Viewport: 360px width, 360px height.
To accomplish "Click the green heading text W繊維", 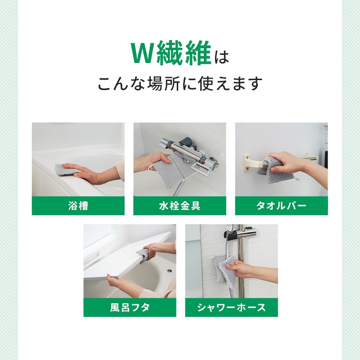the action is (171, 53).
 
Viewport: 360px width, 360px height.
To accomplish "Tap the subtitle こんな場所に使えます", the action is (180, 84).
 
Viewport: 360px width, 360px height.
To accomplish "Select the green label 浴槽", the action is (78, 206).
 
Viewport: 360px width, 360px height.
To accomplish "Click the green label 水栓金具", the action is (180, 206).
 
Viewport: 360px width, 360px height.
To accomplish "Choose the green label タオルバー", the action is (281, 206).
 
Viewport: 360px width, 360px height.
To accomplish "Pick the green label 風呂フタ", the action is (130, 307).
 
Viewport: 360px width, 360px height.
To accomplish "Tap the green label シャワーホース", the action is (231, 307).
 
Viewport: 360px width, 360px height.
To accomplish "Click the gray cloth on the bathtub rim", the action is (67, 170).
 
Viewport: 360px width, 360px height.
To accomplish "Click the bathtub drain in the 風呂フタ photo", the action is (170, 271).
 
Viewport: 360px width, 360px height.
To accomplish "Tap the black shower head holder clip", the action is (231, 235).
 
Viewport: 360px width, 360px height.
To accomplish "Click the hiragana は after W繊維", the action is (221, 57).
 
